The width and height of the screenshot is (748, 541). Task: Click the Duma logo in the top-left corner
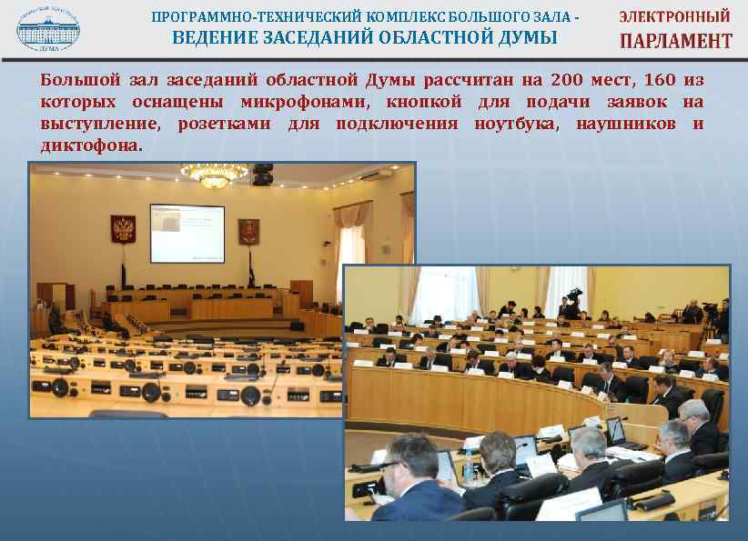point(47,26)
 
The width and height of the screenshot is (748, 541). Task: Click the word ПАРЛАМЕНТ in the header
point(675,40)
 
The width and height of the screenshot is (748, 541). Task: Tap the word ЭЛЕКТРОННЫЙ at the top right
point(674,15)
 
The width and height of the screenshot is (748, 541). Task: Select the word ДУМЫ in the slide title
point(526,37)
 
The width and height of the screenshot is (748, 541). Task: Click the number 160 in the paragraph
point(659,79)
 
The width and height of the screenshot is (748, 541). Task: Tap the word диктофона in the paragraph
point(89,145)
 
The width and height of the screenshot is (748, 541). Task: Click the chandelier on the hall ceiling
point(215,175)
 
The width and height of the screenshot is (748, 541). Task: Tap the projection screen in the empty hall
point(187,232)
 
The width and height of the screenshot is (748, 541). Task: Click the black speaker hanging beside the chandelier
point(263,174)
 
